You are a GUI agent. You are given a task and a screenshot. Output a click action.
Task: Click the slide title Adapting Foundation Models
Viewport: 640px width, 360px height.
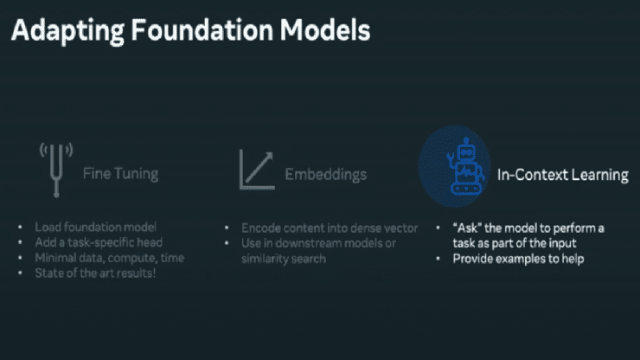[190, 31]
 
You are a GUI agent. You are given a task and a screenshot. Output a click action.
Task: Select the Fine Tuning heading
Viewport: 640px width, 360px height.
[120, 174]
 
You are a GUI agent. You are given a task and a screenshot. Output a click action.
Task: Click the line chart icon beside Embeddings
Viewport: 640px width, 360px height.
[257, 170]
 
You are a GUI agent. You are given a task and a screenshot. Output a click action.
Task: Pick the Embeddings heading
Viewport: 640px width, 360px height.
[325, 175]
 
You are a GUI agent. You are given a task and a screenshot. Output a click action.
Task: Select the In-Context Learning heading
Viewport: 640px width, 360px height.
[562, 175]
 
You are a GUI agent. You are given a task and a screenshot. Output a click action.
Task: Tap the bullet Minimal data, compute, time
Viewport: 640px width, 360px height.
[109, 258]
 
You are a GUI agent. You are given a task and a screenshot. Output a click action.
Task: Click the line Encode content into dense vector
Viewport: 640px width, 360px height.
[330, 228]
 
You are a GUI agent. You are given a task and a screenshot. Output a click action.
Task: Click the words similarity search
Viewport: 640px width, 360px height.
[285, 259]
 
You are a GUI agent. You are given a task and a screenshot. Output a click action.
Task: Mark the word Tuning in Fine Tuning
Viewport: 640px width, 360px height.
[136, 174]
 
